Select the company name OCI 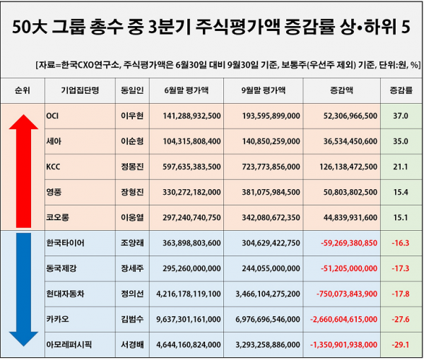[x=52, y=115]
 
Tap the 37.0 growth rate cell [x=400, y=115]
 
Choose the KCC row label [x=53, y=167]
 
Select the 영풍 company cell [x=52, y=192]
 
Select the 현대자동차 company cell [x=64, y=294]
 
